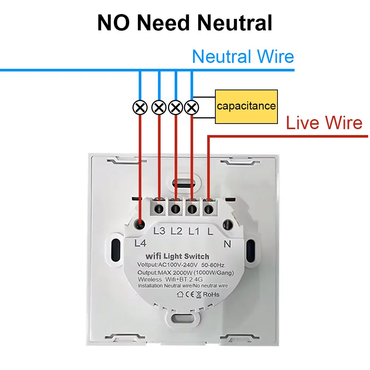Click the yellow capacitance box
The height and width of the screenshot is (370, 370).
(246, 107)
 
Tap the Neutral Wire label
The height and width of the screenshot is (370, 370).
(243, 57)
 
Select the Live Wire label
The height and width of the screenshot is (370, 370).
(324, 123)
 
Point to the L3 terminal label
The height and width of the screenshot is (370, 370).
(159, 231)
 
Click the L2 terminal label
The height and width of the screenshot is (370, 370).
(176, 231)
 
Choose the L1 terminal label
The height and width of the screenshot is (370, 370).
(194, 231)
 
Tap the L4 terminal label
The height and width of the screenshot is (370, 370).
(140, 243)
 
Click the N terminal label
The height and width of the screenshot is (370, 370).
(228, 243)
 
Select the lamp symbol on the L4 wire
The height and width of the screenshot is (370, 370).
(140, 108)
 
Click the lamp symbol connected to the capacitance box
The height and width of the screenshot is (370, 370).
(191, 108)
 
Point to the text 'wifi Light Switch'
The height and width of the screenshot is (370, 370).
(177, 256)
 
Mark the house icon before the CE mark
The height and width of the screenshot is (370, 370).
(181, 295)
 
